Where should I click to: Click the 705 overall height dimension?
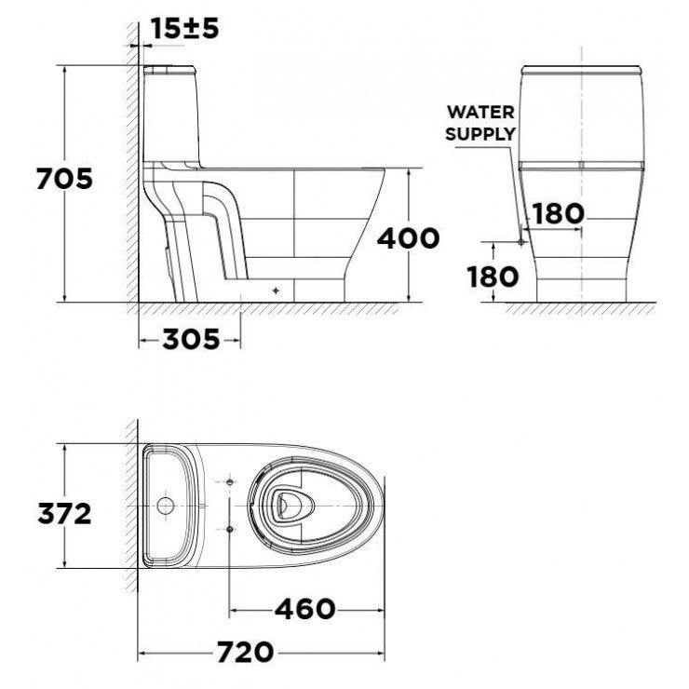tap(64, 179)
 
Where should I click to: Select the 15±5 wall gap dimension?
tap(185, 29)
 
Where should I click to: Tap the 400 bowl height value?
tap(408, 238)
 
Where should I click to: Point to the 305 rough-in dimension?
tap(191, 340)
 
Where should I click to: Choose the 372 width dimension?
tap(64, 512)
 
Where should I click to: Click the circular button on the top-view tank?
tap(166, 507)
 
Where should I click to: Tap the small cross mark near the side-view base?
tap(277, 290)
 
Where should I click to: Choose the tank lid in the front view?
tap(581, 71)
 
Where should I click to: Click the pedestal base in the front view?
tap(581, 284)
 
